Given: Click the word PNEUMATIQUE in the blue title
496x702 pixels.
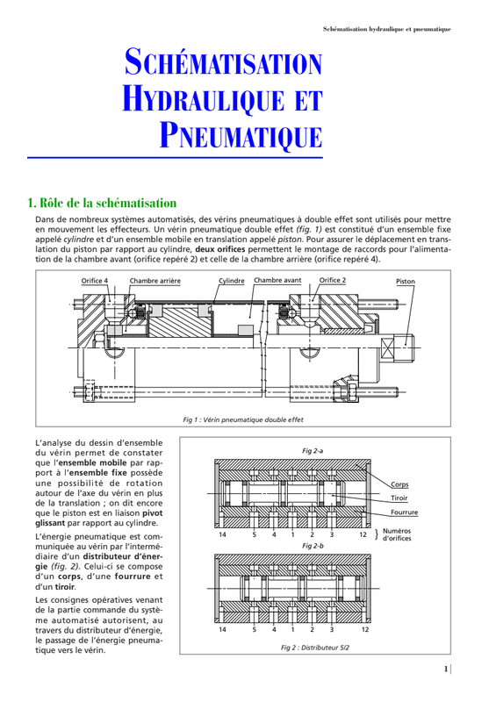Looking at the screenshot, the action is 241,135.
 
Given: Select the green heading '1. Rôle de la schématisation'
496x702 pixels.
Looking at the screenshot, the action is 102,204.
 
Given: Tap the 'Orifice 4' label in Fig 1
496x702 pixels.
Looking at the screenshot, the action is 95,281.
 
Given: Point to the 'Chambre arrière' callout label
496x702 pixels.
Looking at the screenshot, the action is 155,281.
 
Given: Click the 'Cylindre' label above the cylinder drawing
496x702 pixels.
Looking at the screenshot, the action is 232,281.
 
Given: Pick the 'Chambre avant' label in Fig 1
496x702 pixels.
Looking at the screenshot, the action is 277,280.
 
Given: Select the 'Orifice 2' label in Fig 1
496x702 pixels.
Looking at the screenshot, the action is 333,280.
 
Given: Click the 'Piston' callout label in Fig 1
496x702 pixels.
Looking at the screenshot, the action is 406,281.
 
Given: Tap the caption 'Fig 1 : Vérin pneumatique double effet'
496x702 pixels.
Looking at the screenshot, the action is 243,420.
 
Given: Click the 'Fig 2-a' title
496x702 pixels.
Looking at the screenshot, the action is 313,451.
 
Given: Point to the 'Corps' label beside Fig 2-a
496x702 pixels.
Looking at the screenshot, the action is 399,484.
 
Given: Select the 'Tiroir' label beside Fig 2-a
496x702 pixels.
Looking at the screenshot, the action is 399,498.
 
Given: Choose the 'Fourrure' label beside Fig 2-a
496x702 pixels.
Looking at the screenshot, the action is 404,512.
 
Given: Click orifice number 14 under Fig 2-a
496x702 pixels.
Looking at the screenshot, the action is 222,534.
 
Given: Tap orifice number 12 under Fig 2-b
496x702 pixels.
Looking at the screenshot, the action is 365,629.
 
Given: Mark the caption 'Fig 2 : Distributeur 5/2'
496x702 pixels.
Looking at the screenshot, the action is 315,648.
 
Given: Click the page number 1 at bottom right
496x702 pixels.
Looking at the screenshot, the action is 446,669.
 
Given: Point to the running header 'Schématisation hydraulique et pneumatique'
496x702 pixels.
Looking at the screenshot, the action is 386,29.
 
